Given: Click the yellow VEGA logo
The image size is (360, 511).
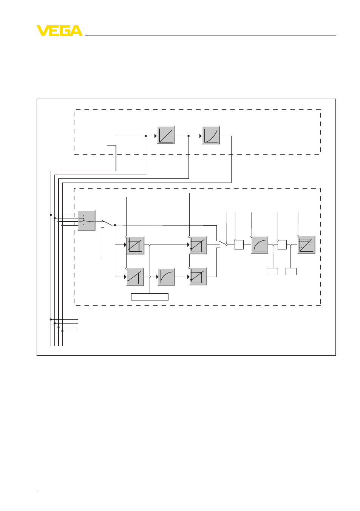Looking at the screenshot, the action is pyautogui.click(x=60, y=31).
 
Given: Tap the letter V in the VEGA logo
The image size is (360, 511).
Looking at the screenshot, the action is pyautogui.click(x=42, y=31).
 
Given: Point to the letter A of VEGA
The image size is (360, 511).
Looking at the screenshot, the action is pyautogui.click(x=76, y=31).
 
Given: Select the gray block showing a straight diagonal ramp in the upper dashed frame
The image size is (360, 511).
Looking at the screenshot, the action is pyautogui.click(x=166, y=135).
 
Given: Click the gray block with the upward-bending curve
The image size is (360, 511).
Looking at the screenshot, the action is pyautogui.click(x=211, y=135).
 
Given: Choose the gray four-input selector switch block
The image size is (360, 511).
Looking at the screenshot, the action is pyautogui.click(x=87, y=221).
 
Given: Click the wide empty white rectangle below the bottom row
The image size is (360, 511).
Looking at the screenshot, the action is pyautogui.click(x=150, y=297).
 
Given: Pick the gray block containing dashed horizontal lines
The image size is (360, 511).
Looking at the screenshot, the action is pyautogui.click(x=306, y=245).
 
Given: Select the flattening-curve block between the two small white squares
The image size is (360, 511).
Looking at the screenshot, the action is pyautogui.click(x=260, y=245).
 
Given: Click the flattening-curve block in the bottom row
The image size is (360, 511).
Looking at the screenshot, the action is pyautogui.click(x=167, y=277).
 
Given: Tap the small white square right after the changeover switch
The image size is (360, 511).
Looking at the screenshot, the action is pyautogui.click(x=239, y=245).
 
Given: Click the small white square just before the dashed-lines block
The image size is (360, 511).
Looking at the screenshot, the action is pyautogui.click(x=282, y=245).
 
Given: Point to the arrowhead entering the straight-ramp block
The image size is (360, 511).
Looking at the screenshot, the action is pyautogui.click(x=156, y=136).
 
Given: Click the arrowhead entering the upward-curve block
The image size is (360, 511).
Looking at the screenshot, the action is pyautogui.click(x=201, y=136).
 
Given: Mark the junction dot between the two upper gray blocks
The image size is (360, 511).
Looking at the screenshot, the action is pyautogui.click(x=188, y=136).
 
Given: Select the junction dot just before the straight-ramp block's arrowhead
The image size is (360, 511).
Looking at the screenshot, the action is pyautogui.click(x=146, y=136).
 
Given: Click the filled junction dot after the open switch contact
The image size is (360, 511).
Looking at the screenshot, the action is pyautogui.click(x=115, y=225).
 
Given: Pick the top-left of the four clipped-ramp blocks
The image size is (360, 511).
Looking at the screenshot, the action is pyautogui.click(x=136, y=245).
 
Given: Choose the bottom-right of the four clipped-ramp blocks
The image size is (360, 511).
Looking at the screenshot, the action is pyautogui.click(x=198, y=277).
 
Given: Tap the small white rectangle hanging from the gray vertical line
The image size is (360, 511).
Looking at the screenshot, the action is pyautogui.click(x=272, y=271).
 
